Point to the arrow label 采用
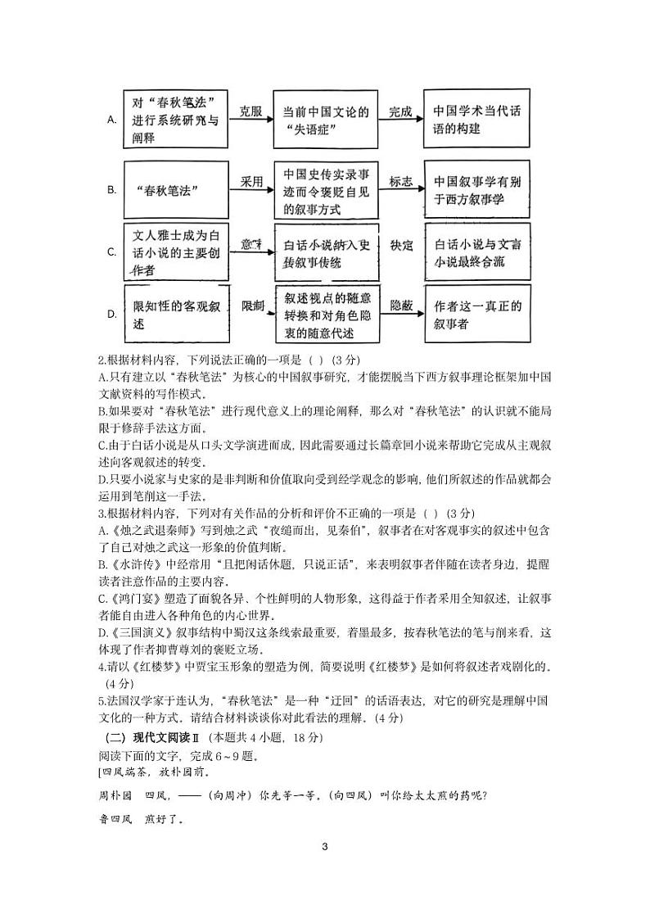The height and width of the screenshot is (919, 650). (251, 182)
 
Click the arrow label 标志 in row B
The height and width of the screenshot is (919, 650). (400, 182)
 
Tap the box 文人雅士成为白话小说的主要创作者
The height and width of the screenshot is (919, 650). (175, 252)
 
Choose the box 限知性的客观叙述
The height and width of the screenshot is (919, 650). (175, 314)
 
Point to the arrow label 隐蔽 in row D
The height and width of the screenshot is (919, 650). (400, 305)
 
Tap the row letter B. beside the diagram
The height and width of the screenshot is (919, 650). (112, 190)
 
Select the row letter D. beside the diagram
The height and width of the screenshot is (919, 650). (112, 314)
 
